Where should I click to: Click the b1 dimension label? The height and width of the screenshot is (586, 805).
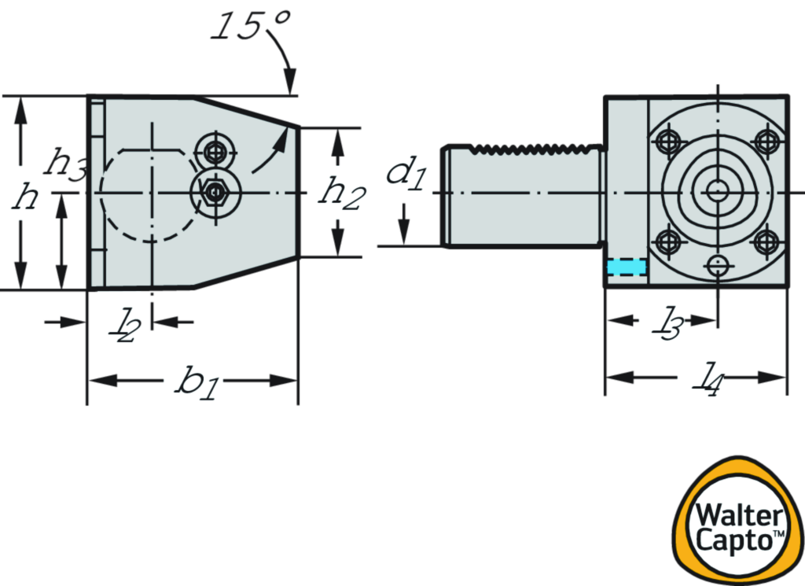click(193, 381)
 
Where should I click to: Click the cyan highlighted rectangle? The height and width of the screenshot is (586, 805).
click(627, 267)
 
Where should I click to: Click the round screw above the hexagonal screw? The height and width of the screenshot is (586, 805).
click(214, 149)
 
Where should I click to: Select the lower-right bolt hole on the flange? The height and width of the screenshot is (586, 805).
click(766, 241)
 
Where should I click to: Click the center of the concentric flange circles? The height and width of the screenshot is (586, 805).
click(717, 190)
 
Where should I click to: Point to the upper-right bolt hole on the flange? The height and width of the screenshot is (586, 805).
click(766, 142)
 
